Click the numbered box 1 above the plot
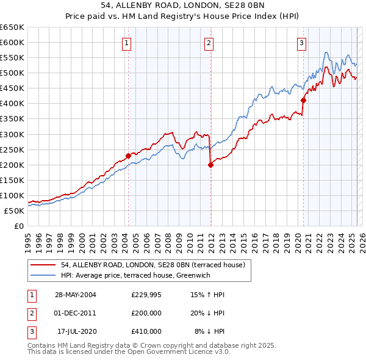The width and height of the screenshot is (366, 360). pyautogui.click(x=126, y=43)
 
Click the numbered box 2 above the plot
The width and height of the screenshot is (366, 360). pyautogui.click(x=209, y=43)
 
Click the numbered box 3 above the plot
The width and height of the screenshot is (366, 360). pyautogui.click(x=301, y=43)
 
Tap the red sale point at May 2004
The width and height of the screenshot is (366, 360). pyautogui.click(x=129, y=156)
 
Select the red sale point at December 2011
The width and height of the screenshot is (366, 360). pyautogui.click(x=210, y=164)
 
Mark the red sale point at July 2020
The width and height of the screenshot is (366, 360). pyautogui.click(x=303, y=100)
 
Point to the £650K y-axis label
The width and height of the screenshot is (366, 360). pyautogui.click(x=12, y=27)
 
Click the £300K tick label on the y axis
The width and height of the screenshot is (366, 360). pyautogui.click(x=12, y=134)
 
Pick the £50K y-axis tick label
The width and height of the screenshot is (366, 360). pyautogui.click(x=14, y=211)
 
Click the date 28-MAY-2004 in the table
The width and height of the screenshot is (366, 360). pyautogui.click(x=76, y=295)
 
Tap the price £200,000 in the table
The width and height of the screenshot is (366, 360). pyautogui.click(x=146, y=313)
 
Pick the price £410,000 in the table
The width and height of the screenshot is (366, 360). pyautogui.click(x=146, y=331)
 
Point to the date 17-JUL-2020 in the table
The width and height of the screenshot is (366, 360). pyautogui.click(x=76, y=331)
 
